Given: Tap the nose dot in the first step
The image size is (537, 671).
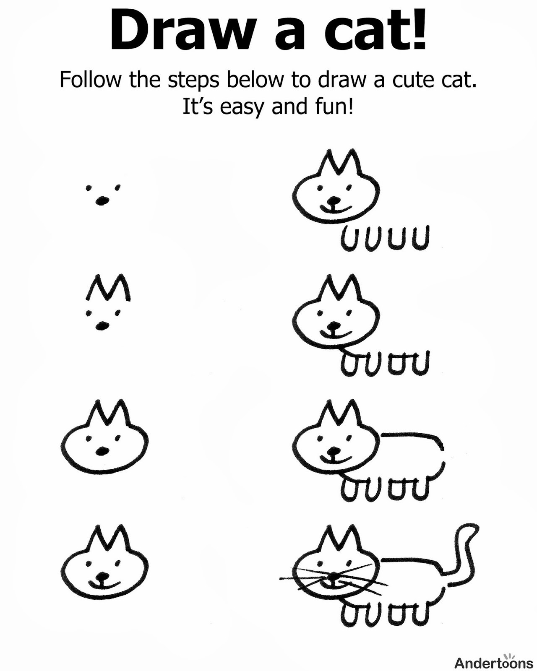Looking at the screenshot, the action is click(102, 200).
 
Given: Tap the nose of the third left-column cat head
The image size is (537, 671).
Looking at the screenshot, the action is click(102, 451).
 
